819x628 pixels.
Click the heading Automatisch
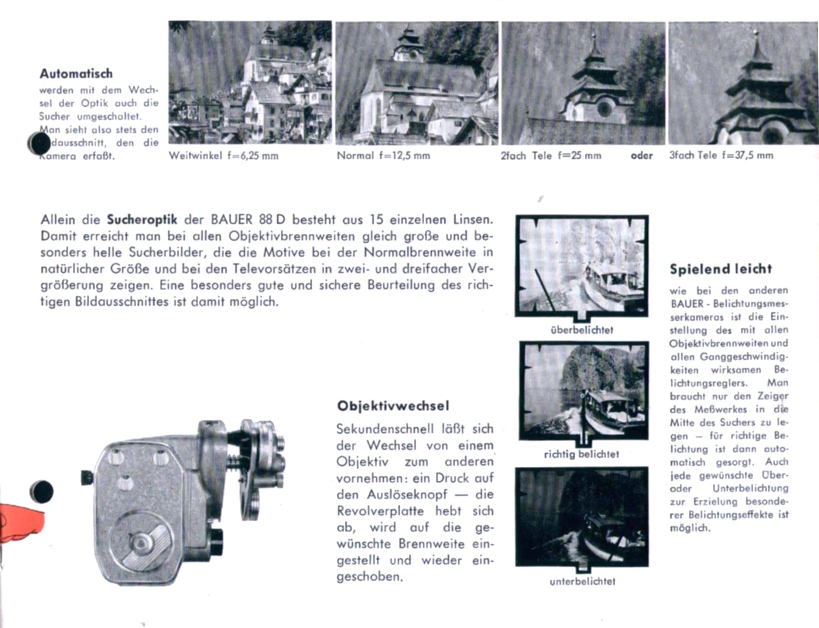click(76, 73)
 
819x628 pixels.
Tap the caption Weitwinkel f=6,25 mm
click(223, 155)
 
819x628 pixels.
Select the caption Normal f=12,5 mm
click(383, 155)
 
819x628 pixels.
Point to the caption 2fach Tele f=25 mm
click(551, 155)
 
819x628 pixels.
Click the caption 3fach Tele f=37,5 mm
click(721, 155)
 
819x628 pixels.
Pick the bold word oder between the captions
click(641, 155)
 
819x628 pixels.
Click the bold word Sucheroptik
click(142, 220)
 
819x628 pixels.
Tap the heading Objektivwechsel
click(393, 406)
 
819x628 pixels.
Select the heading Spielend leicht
click(721, 269)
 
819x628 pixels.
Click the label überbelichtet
click(582, 330)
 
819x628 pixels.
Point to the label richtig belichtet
click(582, 454)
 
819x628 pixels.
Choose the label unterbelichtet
click(582, 581)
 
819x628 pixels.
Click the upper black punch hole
click(39, 144)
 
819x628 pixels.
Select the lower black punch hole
click(41, 491)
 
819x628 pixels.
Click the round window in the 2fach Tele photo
click(604, 109)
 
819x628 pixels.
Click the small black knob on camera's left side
click(87, 477)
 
